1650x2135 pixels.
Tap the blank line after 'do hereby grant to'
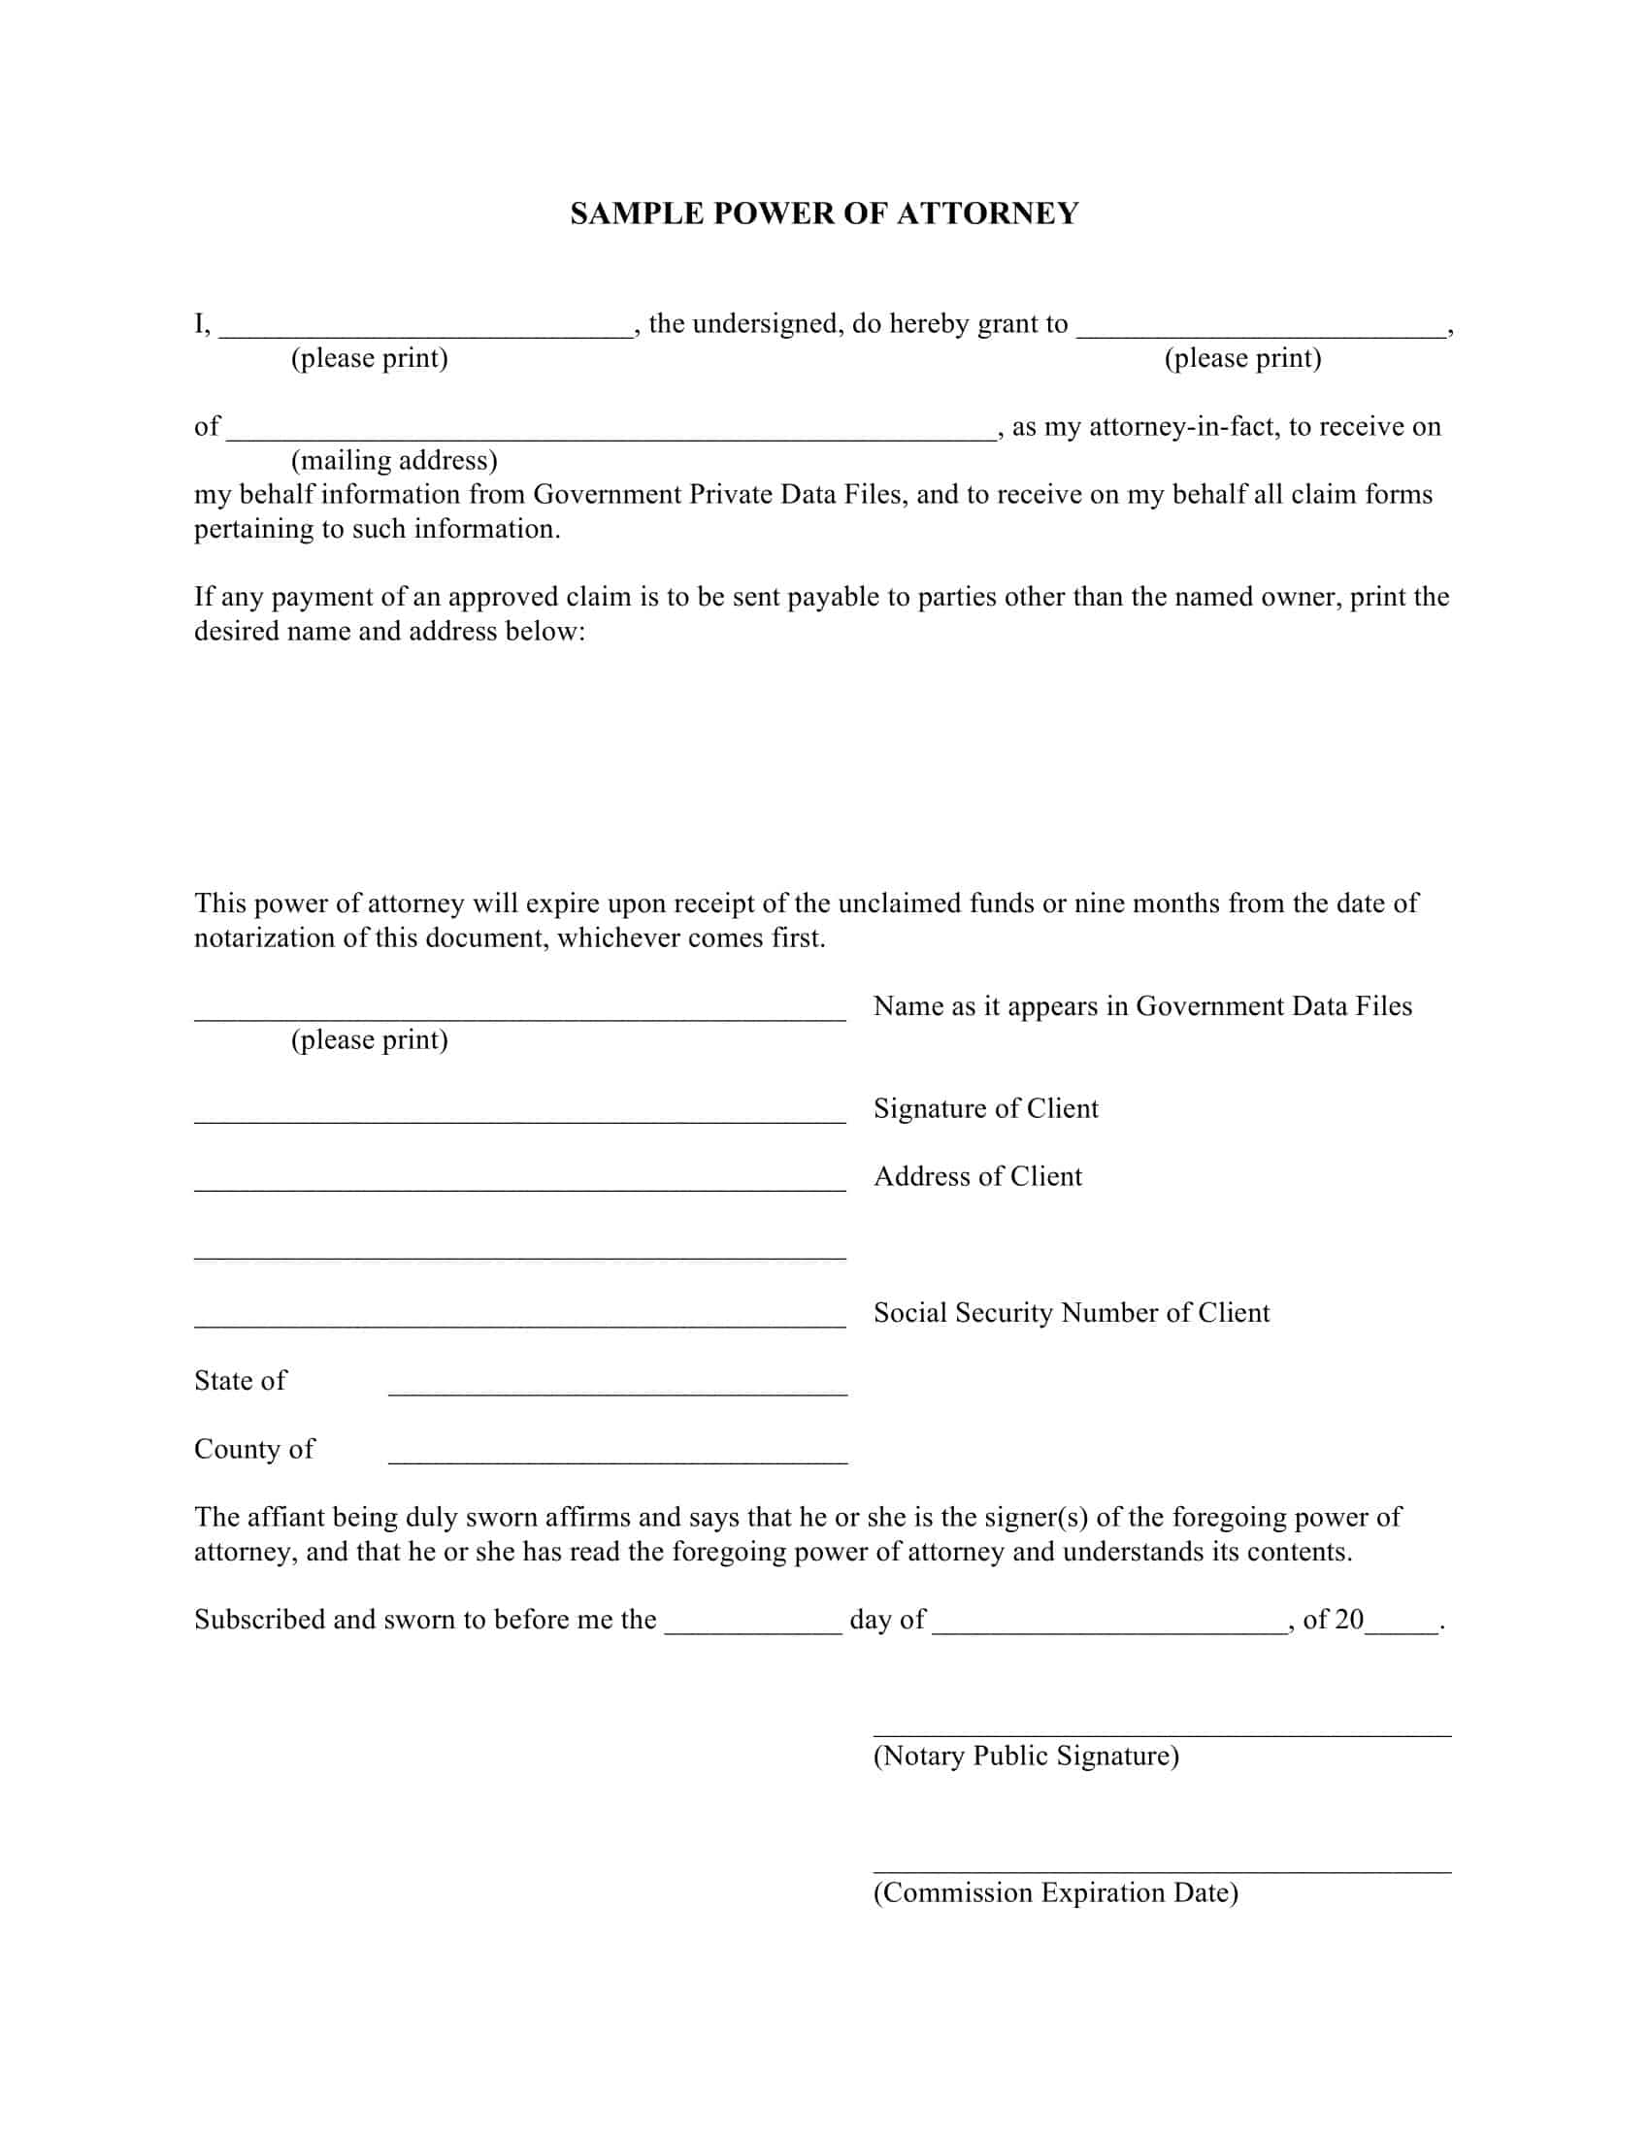coord(1261,332)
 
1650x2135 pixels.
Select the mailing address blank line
coord(610,436)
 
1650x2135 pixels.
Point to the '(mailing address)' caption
coord(394,459)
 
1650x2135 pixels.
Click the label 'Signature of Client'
coord(985,1107)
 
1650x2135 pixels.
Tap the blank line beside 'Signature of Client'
coord(519,1119)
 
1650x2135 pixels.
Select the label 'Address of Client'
coord(977,1176)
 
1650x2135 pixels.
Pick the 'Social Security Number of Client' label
coord(1072,1312)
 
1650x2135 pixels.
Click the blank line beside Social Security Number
coord(519,1324)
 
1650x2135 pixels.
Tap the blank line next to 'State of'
coord(616,1391)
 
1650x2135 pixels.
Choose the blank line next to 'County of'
coord(616,1460)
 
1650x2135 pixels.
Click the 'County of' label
coord(254,1449)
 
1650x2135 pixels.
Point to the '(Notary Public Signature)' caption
coord(1025,1756)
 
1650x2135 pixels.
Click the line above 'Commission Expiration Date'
coord(1161,1869)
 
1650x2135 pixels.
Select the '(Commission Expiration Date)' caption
coord(1056,1892)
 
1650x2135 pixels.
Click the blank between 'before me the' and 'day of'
coord(752,1629)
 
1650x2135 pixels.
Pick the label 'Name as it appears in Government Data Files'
coord(1141,1006)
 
